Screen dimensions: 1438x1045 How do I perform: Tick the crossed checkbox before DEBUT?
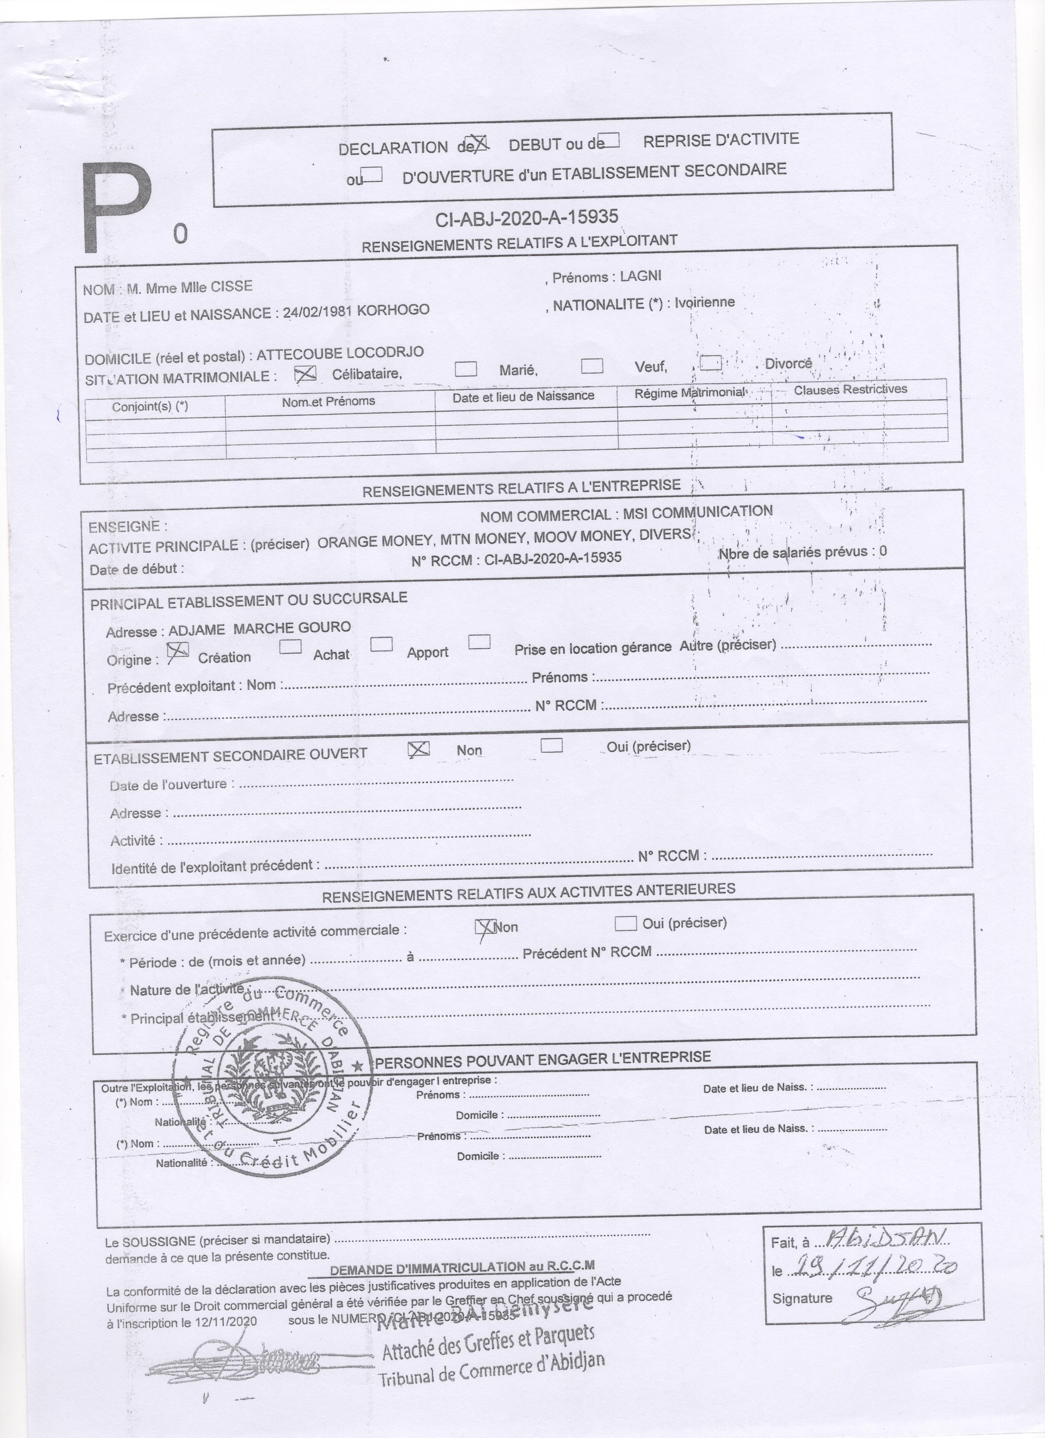click(477, 144)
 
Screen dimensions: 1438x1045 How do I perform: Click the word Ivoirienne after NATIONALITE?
click(704, 302)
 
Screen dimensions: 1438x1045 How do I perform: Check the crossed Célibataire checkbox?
click(305, 375)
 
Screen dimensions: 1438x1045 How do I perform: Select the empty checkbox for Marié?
click(466, 369)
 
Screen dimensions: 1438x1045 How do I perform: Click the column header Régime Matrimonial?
click(690, 392)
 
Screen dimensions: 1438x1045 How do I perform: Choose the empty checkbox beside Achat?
click(291, 647)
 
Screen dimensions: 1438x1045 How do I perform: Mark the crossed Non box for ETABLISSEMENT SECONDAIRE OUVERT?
click(418, 749)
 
